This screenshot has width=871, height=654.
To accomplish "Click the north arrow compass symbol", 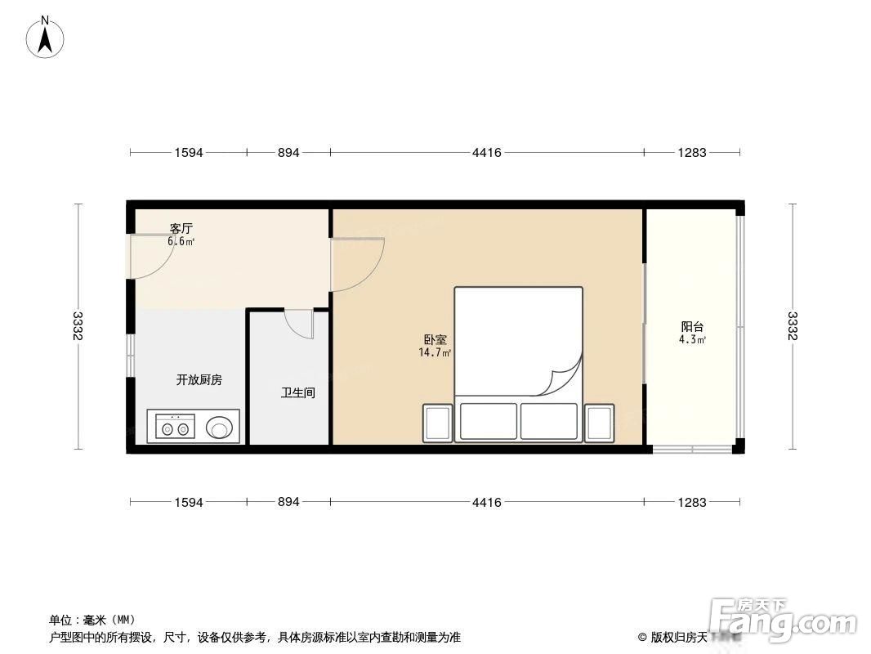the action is tap(45, 38).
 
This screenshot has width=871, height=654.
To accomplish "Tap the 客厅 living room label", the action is tap(181, 228).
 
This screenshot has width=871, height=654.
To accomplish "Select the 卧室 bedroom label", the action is tap(435, 339).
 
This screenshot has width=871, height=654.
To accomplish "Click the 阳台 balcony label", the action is tap(692, 327).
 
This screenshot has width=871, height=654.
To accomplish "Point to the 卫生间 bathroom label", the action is tap(297, 393).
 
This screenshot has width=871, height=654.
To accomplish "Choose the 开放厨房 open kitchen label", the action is tap(199, 380).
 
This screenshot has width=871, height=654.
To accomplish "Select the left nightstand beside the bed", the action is tap(438, 423).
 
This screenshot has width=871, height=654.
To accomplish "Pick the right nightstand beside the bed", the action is tap(600, 423).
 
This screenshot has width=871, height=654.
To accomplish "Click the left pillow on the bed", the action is tap(489, 421).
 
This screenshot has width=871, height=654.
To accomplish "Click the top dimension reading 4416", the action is tap(487, 152).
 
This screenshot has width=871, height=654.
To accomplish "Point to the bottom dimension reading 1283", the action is tap(692, 502).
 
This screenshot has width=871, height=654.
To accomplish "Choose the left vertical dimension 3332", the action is tap(78, 326).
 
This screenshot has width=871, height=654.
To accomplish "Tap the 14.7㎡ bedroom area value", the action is tap(435, 352).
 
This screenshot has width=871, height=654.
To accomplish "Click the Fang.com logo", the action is tap(784, 616).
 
